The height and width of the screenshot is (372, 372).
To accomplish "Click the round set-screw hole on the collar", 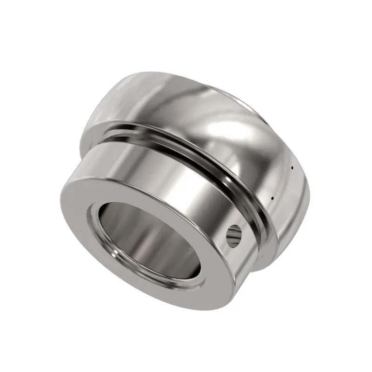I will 234,235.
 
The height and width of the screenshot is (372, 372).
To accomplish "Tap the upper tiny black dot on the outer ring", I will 292,167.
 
